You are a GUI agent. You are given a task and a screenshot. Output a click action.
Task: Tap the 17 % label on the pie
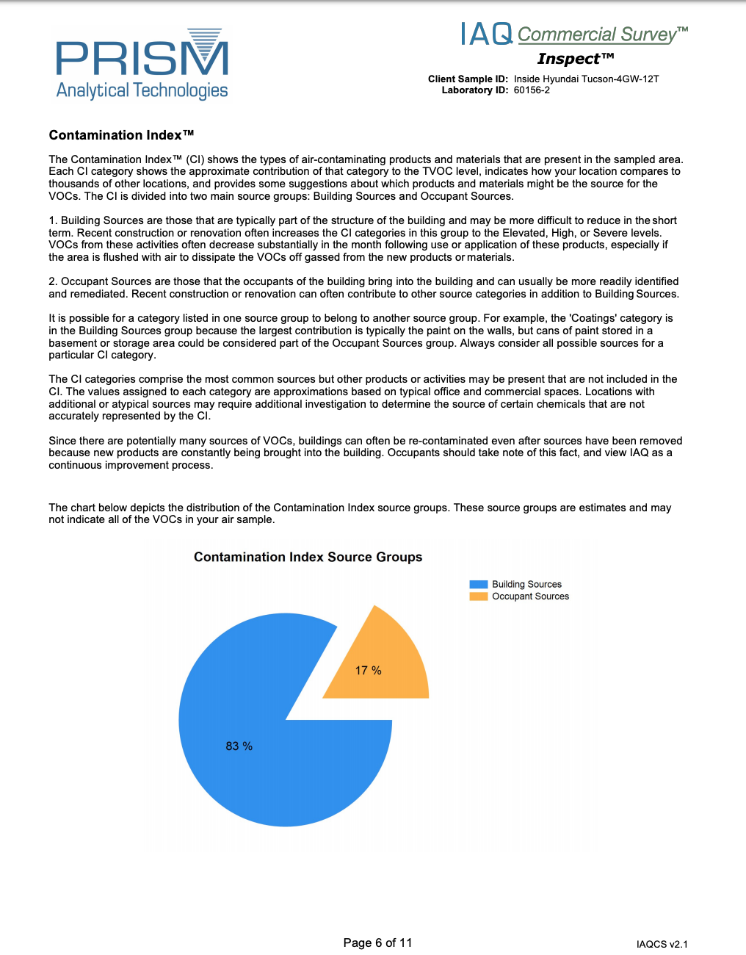(x=368, y=671)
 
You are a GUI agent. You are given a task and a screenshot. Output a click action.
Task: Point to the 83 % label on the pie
(x=239, y=746)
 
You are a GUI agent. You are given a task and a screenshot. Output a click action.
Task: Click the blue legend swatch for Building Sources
(x=478, y=585)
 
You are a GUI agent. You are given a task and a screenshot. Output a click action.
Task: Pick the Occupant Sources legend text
(x=530, y=597)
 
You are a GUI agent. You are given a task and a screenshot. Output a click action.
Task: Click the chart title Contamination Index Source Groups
(x=308, y=557)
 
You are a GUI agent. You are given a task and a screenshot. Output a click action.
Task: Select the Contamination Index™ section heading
(x=121, y=135)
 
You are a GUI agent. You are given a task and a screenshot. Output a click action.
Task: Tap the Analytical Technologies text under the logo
(x=142, y=90)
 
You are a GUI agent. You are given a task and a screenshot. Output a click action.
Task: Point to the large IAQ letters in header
(x=486, y=34)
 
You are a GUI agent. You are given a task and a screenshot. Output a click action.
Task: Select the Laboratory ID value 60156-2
(x=532, y=90)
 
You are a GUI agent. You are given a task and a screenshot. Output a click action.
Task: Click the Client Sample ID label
(x=468, y=79)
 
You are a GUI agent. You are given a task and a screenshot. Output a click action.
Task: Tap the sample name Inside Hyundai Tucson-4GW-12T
(x=586, y=79)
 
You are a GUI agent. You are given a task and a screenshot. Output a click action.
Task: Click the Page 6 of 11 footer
(x=377, y=943)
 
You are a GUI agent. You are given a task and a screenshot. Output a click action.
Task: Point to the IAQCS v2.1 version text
(x=662, y=944)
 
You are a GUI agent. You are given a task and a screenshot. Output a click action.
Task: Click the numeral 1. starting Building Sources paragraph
(x=53, y=220)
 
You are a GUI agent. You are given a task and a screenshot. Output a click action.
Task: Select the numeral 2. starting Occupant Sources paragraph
(x=53, y=281)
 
